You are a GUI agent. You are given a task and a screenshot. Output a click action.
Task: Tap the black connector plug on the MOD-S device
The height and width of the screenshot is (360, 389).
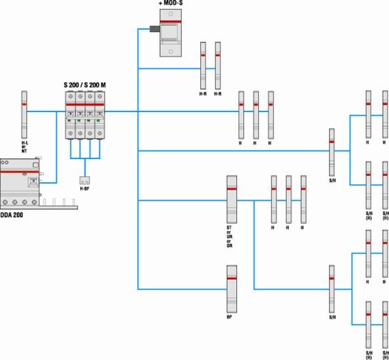(x=153, y=29)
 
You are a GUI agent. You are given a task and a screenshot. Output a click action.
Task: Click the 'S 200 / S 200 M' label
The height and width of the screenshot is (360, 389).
(x=85, y=85)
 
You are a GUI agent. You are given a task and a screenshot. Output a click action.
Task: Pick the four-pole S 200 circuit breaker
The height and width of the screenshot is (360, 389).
(x=85, y=115)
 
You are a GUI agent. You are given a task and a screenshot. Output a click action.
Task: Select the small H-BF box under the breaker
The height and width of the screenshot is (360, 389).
(x=85, y=180)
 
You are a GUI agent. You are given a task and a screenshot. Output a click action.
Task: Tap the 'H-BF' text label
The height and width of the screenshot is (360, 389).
(x=85, y=190)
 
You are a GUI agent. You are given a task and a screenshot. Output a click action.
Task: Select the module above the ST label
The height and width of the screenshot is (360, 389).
(x=232, y=200)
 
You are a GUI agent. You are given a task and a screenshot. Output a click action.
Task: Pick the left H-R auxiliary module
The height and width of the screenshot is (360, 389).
(x=203, y=65)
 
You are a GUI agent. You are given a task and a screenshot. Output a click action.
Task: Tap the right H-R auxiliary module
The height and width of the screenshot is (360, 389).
(x=218, y=65)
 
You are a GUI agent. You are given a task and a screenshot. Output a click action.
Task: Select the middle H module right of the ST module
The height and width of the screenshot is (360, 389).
(x=288, y=199)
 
